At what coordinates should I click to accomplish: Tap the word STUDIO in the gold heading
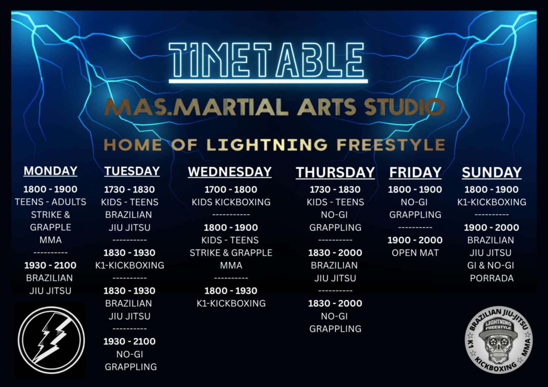pos(404,107)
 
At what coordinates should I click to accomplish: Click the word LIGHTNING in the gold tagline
pos(267,144)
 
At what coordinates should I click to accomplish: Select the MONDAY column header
pos(50,171)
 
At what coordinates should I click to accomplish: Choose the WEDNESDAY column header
pos(230,172)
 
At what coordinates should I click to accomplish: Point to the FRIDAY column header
pos(415,173)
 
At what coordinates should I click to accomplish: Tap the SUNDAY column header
pos(492,173)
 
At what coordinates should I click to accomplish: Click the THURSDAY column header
pos(335,173)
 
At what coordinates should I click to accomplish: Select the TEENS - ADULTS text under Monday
pos(50,202)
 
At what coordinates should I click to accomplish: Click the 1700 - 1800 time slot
pos(231,189)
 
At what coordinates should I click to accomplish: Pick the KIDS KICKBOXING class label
pos(231,202)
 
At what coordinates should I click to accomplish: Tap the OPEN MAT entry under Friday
pos(415,253)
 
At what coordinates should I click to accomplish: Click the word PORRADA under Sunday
pos(492,278)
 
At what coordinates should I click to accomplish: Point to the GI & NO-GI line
pos(491,265)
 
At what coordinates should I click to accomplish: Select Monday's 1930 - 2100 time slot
pos(50,265)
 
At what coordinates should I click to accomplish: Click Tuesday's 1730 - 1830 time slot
pos(129,189)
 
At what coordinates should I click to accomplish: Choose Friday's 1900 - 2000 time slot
pos(415,240)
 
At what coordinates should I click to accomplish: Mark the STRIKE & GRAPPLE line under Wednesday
pos(231,253)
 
